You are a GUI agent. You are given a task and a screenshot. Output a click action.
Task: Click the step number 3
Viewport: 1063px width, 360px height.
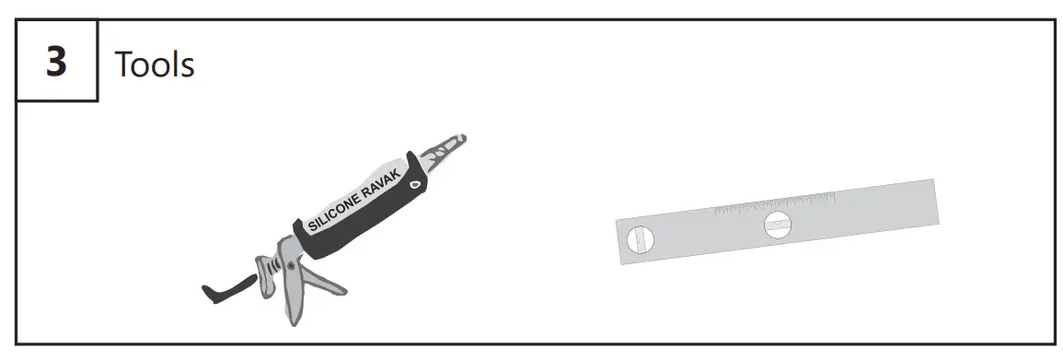(57, 62)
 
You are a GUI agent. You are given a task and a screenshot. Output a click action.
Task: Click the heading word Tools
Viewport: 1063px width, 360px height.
(154, 64)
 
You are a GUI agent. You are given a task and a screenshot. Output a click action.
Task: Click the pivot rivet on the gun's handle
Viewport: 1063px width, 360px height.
(292, 267)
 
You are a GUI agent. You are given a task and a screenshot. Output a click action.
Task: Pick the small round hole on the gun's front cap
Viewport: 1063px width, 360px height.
(413, 184)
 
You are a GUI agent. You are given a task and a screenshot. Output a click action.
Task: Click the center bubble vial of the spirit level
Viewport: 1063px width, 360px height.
(778, 224)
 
